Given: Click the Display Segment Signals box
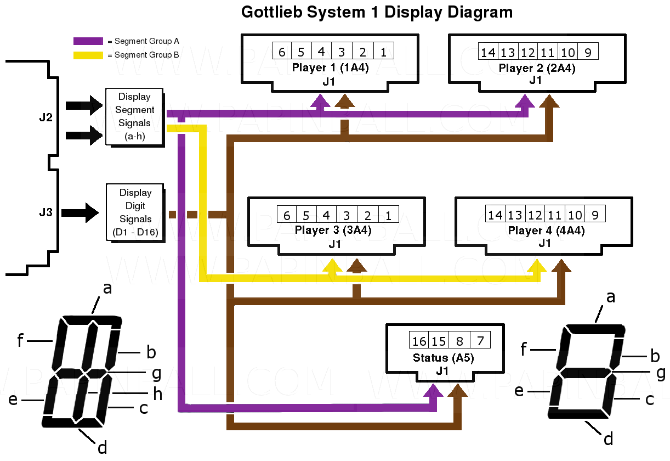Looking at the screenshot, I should click(x=134, y=116).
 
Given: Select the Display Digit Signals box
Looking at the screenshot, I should click(x=135, y=212).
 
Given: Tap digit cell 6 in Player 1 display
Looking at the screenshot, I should click(x=282, y=52).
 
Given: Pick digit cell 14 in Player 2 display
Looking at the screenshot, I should click(x=488, y=52).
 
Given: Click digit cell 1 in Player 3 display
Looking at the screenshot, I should click(x=388, y=215).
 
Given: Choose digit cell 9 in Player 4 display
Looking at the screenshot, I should click(x=595, y=215).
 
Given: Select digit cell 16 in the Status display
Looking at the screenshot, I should click(x=419, y=341).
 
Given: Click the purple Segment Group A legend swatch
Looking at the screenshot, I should click(x=88, y=41).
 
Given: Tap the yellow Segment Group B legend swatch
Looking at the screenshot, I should click(x=88, y=55).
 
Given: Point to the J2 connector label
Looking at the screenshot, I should click(x=46, y=117).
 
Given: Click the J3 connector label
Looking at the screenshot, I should click(x=46, y=212).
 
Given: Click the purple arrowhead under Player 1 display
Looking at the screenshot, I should click(x=321, y=100).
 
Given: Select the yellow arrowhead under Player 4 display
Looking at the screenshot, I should click(x=539, y=266).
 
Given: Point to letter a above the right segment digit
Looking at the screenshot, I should click(x=610, y=297).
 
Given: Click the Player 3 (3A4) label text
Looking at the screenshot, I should click(x=333, y=231).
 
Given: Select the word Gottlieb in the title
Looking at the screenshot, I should click(x=274, y=13).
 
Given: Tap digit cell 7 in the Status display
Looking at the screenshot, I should click(x=480, y=341).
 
